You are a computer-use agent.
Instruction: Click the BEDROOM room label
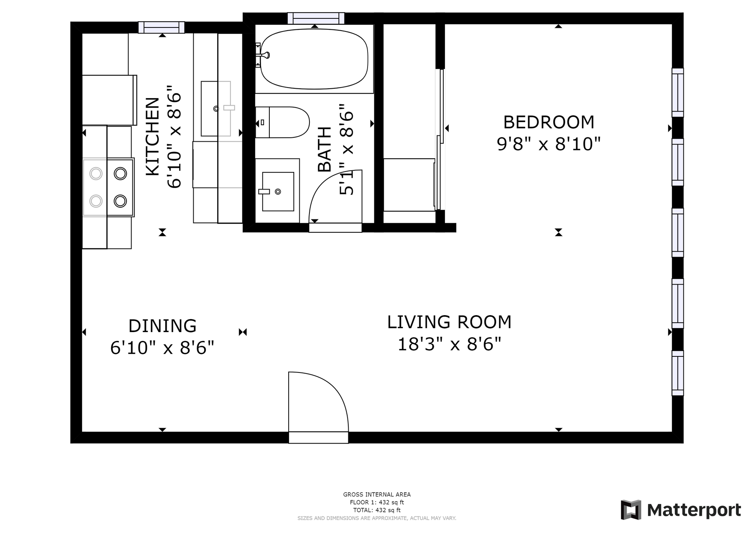[x=549, y=122]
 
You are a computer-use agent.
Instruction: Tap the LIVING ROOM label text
[x=449, y=322]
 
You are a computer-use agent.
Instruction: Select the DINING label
[x=162, y=326]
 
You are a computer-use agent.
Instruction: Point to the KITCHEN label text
[x=153, y=137]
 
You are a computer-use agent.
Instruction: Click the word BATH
[x=324, y=150]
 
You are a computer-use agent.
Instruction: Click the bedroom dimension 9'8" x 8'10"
[x=549, y=144]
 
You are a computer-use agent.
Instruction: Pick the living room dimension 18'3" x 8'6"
[x=450, y=344]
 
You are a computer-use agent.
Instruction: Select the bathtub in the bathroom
[x=314, y=59]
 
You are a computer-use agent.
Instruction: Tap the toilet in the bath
[x=282, y=122]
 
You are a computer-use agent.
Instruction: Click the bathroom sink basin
[x=278, y=192]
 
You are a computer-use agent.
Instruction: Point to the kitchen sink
[x=216, y=109]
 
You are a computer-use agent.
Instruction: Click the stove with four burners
[x=108, y=187]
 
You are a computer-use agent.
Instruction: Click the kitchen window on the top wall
[x=161, y=27]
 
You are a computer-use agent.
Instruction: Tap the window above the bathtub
[x=316, y=18]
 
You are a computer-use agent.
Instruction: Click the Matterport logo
[x=681, y=510]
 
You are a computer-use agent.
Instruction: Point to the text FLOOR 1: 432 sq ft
[x=377, y=502]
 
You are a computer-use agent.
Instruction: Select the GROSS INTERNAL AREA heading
[x=377, y=495]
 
